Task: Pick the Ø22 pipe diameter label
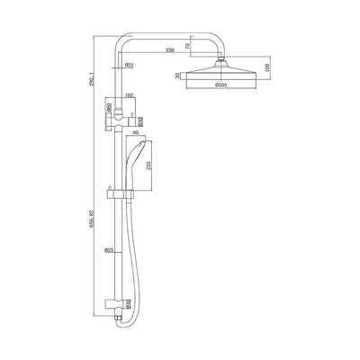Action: pos(129,65)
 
